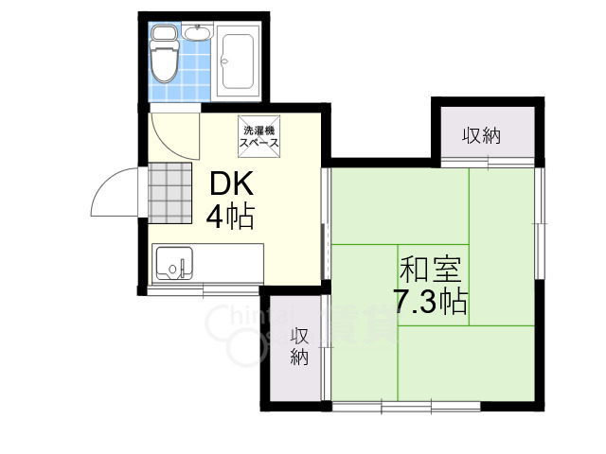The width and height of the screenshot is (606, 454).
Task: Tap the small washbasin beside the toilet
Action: click(198, 35)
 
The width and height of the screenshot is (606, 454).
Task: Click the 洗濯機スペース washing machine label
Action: click(259, 136)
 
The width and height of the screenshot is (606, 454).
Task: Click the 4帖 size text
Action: click(230, 218)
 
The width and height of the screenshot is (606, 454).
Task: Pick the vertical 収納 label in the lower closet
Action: click(299, 346)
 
